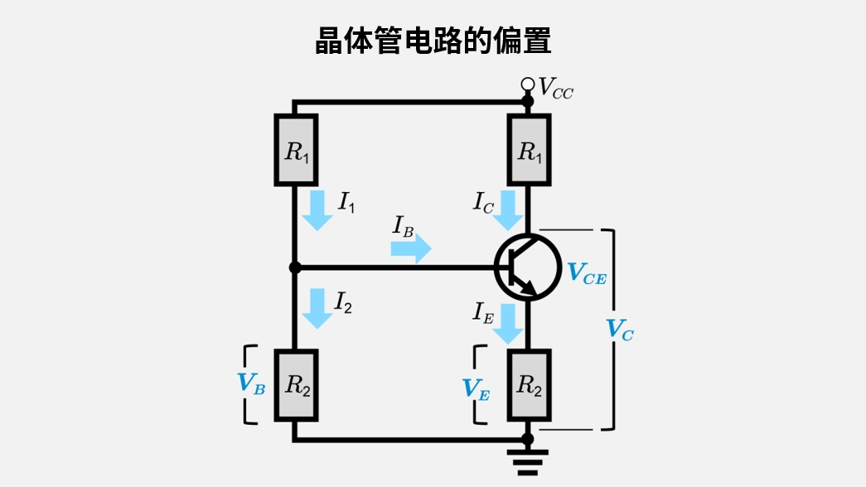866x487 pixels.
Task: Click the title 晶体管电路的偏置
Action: click(x=433, y=41)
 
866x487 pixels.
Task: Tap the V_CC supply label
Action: click(x=555, y=87)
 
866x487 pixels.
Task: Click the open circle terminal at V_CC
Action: click(x=527, y=84)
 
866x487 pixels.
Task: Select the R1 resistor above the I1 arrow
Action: click(x=295, y=150)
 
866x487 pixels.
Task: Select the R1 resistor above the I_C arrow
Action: click(x=528, y=150)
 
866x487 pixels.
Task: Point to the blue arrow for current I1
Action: click(x=317, y=210)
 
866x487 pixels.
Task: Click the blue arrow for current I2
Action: click(x=317, y=308)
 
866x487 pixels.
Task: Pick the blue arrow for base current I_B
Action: click(x=411, y=248)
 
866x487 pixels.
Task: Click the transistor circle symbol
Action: click(x=527, y=267)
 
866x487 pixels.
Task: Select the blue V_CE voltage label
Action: click(x=586, y=273)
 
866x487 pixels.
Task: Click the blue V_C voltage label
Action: click(x=620, y=330)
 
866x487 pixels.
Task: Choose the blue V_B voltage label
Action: click(x=251, y=383)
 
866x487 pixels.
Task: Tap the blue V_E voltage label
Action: click(x=476, y=389)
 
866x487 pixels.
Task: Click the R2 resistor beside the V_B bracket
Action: click(x=295, y=385)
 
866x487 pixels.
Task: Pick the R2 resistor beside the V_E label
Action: click(x=528, y=385)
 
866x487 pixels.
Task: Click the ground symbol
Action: click(x=527, y=460)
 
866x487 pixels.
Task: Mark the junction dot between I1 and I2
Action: click(x=294, y=268)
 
